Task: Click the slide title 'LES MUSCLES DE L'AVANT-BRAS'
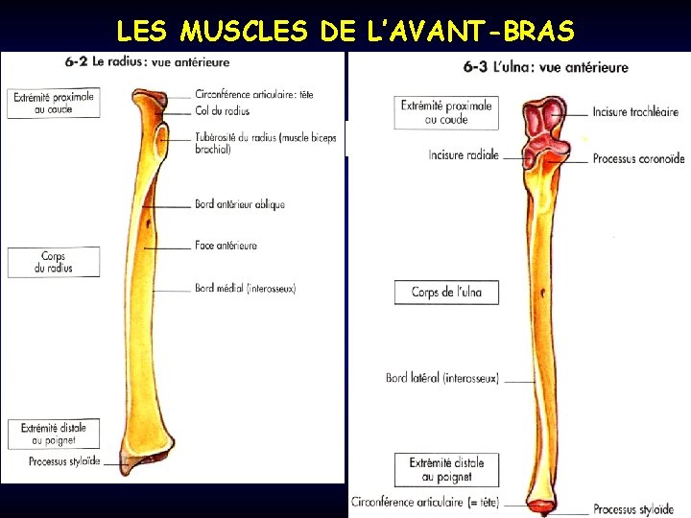click(x=345, y=31)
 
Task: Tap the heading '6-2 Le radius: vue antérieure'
click(x=148, y=62)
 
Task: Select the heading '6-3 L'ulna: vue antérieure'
click(x=545, y=67)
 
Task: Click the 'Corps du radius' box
click(x=54, y=262)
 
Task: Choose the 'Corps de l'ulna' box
click(x=446, y=292)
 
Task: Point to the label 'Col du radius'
click(x=223, y=111)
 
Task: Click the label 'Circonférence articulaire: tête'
click(x=253, y=95)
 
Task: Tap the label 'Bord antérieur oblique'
click(x=239, y=204)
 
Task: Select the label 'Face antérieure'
click(x=226, y=246)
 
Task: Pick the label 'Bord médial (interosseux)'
click(x=245, y=288)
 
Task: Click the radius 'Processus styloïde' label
click(x=64, y=461)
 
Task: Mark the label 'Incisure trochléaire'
click(x=635, y=112)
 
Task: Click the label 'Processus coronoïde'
click(x=638, y=158)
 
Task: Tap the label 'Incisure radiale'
click(x=464, y=155)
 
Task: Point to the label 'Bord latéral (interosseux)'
click(x=442, y=378)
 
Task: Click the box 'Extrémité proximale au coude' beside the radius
click(x=54, y=103)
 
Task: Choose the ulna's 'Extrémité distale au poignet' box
click(x=446, y=469)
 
